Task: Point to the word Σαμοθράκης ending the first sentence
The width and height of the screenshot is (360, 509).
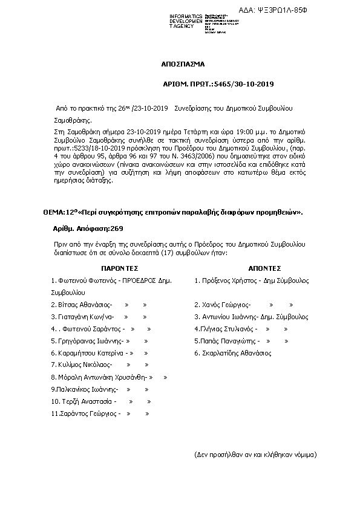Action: pos(71,120)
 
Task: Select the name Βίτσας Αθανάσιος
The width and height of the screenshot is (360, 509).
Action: pos(81,305)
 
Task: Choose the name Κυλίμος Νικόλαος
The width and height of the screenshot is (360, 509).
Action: pos(82,365)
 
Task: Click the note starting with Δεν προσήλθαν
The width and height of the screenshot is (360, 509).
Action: pos(255,453)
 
